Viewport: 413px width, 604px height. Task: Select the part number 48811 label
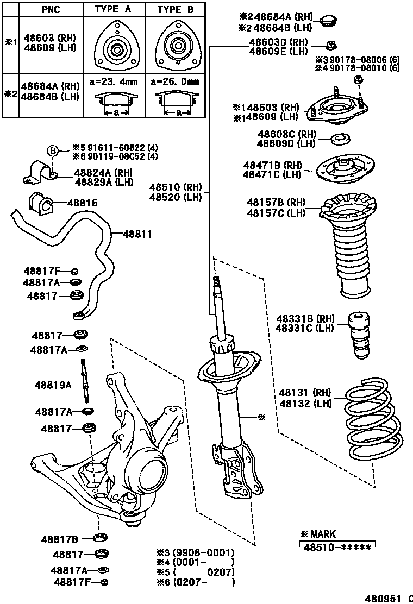click(137, 235)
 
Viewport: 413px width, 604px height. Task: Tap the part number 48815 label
click(83, 203)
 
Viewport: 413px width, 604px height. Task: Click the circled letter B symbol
click(53, 150)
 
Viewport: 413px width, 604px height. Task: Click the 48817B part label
click(60, 539)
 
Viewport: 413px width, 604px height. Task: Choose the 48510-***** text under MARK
click(337, 548)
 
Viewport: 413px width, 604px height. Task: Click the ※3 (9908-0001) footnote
click(196, 552)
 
